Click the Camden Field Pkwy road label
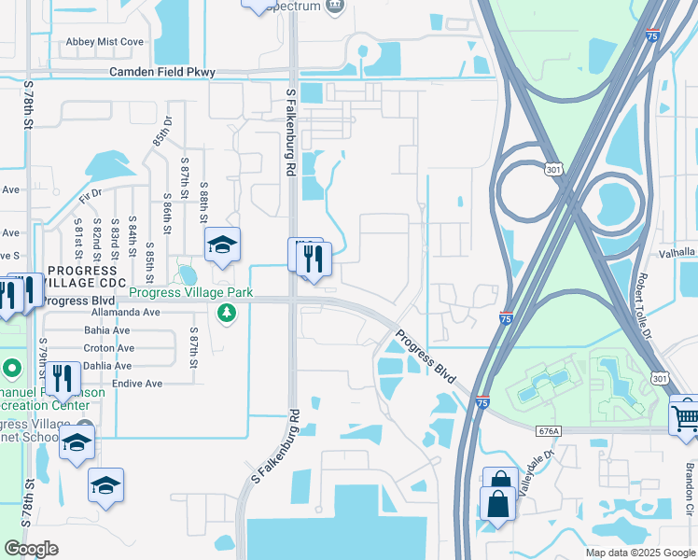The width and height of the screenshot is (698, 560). [162, 72]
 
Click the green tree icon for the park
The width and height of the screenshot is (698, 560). [225, 312]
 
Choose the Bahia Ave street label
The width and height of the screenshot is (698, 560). [107, 330]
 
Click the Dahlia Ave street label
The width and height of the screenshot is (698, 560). [107, 366]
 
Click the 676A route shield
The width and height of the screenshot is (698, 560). [549, 431]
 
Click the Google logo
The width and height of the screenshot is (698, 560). [32, 549]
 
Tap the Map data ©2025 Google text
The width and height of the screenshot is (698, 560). [640, 553]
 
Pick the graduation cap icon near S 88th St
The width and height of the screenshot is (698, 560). [222, 245]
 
